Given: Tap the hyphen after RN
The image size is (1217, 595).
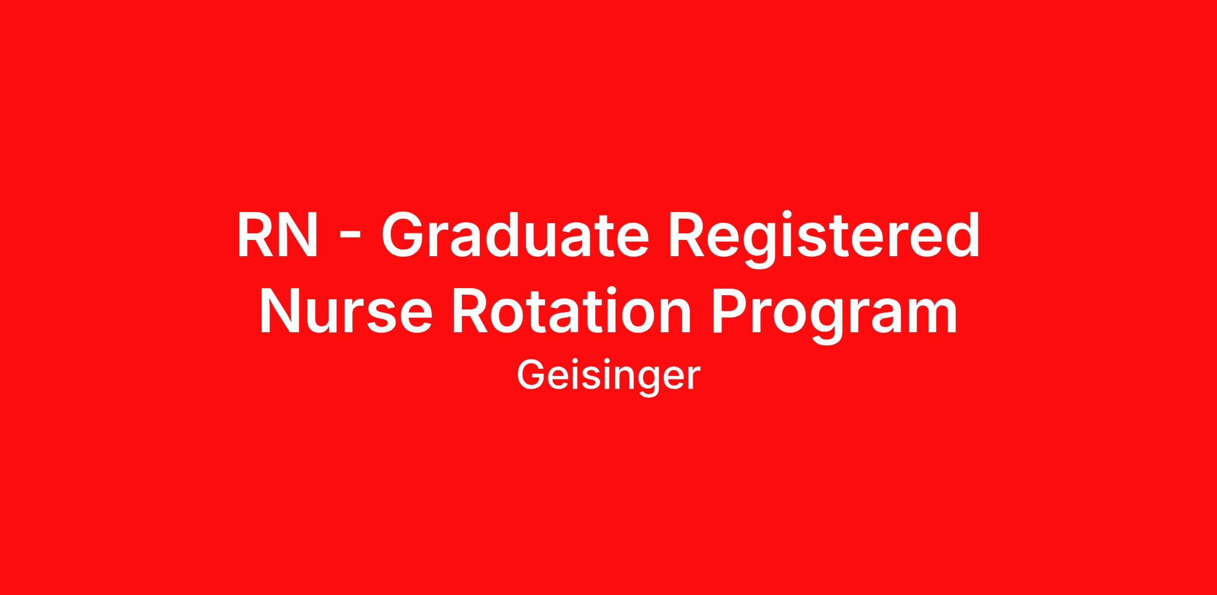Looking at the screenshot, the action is click(349, 238).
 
